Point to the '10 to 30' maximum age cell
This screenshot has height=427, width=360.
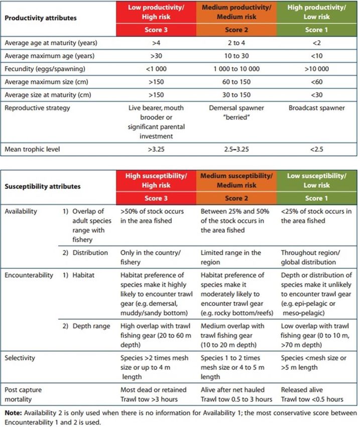click(236, 56)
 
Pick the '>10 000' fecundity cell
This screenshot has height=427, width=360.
click(317, 68)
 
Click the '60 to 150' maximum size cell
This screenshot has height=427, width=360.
click(236, 80)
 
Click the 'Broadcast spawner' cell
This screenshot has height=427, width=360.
click(317, 107)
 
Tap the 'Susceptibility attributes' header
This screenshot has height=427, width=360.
click(42, 186)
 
